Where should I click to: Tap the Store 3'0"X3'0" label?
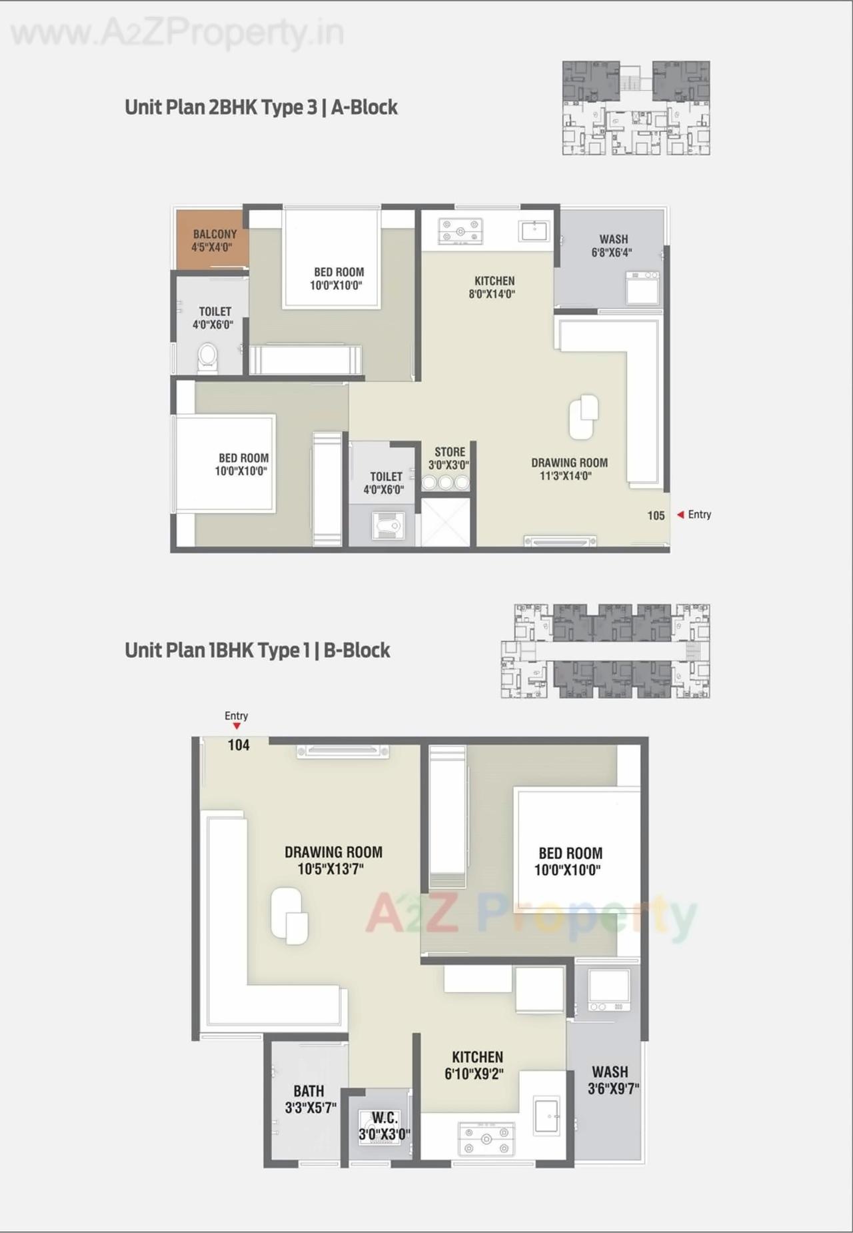click(x=449, y=459)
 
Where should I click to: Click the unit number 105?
click(x=656, y=515)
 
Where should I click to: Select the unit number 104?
click(x=239, y=745)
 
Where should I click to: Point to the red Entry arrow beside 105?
click(x=680, y=515)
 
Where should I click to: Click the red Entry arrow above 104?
click(x=237, y=726)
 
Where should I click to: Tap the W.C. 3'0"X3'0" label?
click(x=385, y=1126)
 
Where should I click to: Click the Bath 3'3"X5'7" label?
click(x=310, y=1099)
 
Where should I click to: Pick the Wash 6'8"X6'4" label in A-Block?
click(x=612, y=245)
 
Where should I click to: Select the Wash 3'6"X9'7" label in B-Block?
click(x=612, y=1080)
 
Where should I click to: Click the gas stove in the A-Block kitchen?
click(x=460, y=231)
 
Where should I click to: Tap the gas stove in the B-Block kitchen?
click(x=486, y=1140)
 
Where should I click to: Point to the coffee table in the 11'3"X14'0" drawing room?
click(x=583, y=417)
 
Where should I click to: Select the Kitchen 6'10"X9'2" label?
click(x=476, y=1065)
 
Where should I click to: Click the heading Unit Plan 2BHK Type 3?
click(x=261, y=107)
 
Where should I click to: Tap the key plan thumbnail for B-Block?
click(x=605, y=651)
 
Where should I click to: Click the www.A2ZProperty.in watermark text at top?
click(x=177, y=33)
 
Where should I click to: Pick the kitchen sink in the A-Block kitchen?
click(x=534, y=231)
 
